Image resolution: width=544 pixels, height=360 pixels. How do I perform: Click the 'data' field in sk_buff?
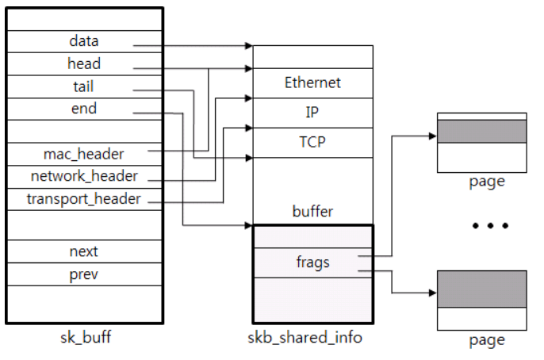(84, 41)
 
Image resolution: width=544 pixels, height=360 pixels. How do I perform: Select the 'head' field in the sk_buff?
(84, 63)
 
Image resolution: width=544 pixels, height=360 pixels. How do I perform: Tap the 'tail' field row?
(84, 86)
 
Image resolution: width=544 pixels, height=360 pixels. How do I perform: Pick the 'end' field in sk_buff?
(84, 109)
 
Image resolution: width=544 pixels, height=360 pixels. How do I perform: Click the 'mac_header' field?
(84, 153)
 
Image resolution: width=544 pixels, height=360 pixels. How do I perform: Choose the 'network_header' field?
(84, 176)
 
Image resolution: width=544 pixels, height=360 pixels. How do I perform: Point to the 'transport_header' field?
(84, 199)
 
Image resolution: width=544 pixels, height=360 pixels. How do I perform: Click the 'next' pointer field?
(84, 251)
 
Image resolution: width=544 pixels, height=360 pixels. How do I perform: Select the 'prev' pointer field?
(84, 274)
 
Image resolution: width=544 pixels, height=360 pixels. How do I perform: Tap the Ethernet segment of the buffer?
(312, 82)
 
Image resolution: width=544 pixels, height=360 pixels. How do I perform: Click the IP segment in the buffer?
(312, 113)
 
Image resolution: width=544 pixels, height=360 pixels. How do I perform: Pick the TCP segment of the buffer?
(312, 143)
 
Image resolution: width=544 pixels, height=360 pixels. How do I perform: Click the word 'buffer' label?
(312, 212)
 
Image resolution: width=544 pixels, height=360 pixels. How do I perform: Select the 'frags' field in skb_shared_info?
(312, 262)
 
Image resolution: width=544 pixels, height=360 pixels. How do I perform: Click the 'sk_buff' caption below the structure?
(84, 338)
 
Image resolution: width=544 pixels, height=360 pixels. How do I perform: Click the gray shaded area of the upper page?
(481, 131)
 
